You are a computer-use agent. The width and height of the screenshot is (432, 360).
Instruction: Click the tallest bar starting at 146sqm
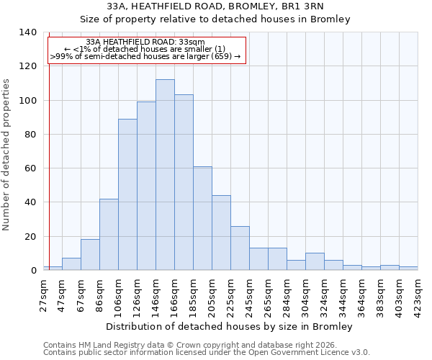pyautogui.click(x=165, y=175)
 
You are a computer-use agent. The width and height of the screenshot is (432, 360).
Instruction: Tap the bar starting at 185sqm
pyautogui.click(x=202, y=218)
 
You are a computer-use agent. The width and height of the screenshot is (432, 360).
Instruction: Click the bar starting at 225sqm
pyautogui.click(x=240, y=248)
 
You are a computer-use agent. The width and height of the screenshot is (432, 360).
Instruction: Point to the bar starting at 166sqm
pyautogui.click(x=184, y=183)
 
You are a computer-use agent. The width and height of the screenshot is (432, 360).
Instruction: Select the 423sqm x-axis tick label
pyautogui.click(x=418, y=295)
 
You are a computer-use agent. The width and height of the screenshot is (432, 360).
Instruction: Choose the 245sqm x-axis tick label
pyautogui.click(x=250, y=295)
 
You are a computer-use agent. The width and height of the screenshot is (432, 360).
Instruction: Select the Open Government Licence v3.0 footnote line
pyautogui.click(x=207, y=353)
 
